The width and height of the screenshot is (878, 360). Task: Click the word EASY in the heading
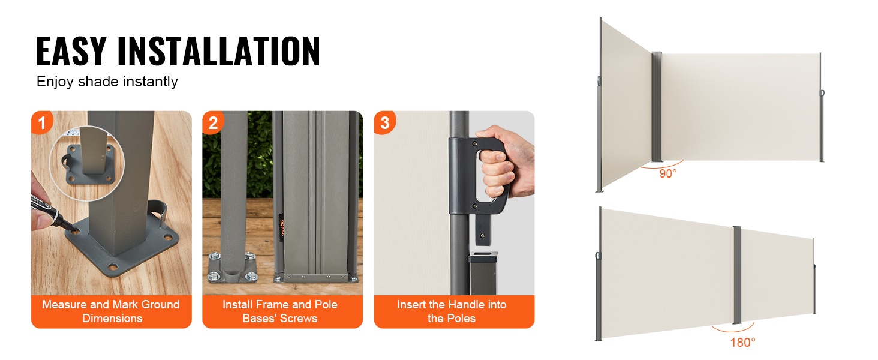[71, 50]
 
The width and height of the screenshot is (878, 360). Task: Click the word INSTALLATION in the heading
[219, 50]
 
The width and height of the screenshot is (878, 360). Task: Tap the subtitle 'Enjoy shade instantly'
[107, 82]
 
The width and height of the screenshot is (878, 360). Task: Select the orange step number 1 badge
[41, 123]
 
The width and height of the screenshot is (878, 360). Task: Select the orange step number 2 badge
[213, 123]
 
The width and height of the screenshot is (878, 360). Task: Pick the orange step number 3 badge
[384, 123]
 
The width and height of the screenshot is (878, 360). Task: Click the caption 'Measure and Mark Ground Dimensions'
[112, 311]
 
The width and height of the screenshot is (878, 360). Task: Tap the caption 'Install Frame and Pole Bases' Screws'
[280, 311]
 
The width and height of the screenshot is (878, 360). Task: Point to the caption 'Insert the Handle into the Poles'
[452, 311]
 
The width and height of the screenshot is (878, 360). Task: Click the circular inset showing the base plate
[87, 164]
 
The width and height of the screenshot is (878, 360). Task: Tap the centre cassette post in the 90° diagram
[657, 107]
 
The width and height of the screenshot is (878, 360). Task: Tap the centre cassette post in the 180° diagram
[737, 275]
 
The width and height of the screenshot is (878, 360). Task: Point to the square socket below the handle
[483, 272]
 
